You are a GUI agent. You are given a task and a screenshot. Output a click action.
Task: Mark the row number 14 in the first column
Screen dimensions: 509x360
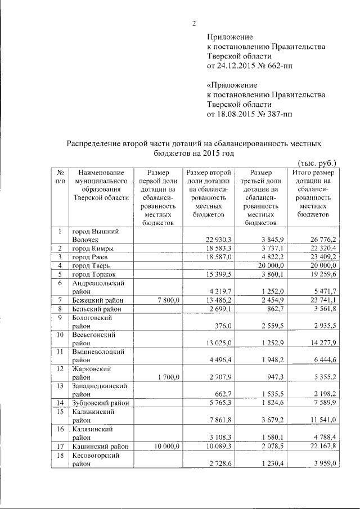point(59,403)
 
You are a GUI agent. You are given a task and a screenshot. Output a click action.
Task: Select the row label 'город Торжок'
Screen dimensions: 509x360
point(94,273)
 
